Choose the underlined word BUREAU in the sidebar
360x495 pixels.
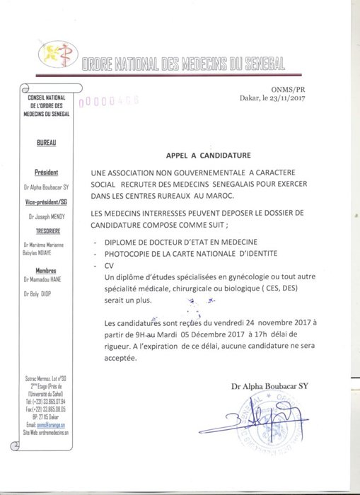(x=47, y=143)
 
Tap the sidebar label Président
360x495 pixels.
(x=47, y=173)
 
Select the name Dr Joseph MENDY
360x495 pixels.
(x=47, y=216)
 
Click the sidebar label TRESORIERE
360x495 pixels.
(x=47, y=231)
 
